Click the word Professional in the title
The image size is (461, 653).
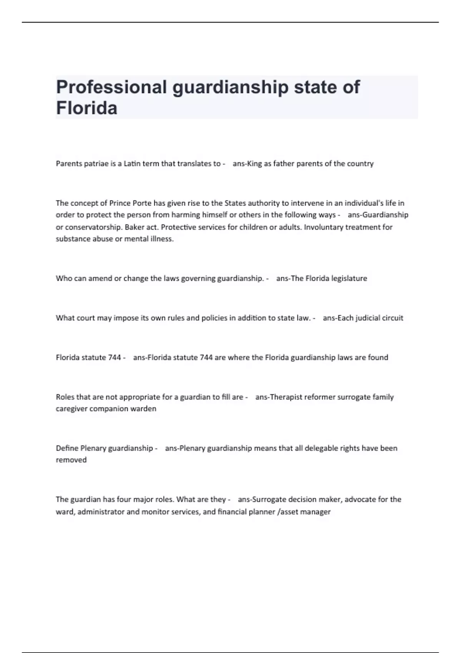point(111,87)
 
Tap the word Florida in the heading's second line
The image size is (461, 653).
point(87,108)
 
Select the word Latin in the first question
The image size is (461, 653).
point(132,164)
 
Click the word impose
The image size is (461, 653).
point(126,318)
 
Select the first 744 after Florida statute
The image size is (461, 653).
point(114,358)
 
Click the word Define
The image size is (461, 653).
point(67,448)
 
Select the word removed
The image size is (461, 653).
point(71,460)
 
